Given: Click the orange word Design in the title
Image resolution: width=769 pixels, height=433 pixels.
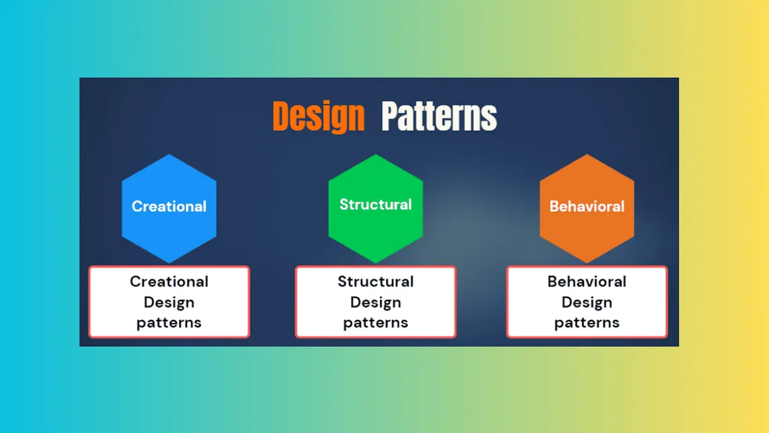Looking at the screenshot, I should [x=318, y=116].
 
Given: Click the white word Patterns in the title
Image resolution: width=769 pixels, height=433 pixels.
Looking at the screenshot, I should [x=439, y=116].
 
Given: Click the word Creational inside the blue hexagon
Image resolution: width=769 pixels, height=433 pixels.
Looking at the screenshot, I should [x=169, y=206].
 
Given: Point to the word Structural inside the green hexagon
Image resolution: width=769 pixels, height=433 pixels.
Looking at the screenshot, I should [x=375, y=204].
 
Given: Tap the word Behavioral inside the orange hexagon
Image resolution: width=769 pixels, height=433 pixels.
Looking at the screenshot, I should [x=587, y=206].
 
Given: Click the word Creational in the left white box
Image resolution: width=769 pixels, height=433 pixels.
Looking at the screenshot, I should [x=169, y=282].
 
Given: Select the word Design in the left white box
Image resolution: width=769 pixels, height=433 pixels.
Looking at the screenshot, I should [x=169, y=303].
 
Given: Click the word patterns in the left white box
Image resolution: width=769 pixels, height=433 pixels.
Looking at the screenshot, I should [x=169, y=323].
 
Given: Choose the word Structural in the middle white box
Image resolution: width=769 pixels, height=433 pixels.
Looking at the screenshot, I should [x=375, y=282].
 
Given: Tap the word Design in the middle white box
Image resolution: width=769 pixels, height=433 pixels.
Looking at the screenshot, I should [x=375, y=303].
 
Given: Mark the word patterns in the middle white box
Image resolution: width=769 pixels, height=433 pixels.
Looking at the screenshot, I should [x=375, y=323].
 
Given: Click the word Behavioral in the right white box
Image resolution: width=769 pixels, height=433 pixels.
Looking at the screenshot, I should [x=587, y=282].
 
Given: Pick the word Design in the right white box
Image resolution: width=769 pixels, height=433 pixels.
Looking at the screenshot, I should [x=587, y=303].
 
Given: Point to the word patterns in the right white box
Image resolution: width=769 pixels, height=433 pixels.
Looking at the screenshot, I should [x=587, y=323].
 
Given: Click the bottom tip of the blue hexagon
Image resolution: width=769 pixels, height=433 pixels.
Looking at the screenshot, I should [x=169, y=262].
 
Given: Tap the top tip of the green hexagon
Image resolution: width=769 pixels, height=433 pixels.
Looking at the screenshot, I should [x=375, y=156].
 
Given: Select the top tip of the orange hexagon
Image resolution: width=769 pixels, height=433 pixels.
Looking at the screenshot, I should [x=587, y=156].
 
